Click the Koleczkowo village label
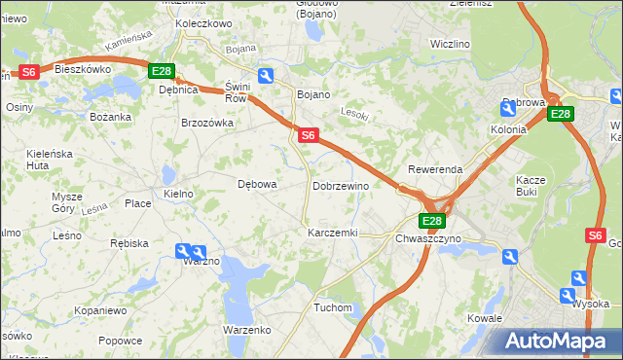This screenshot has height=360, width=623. (203, 22)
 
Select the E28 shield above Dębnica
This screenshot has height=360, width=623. (162, 71)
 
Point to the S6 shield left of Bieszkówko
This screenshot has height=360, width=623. (28, 72)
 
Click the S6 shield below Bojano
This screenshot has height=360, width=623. (308, 136)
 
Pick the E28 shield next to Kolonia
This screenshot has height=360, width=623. (560, 114)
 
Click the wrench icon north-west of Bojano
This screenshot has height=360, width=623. (266, 75)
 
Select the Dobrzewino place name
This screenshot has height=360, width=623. (341, 185)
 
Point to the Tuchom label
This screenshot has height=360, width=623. (333, 307)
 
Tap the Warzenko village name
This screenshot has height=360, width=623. (247, 330)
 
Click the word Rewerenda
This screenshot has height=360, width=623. (435, 169)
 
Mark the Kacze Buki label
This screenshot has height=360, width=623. (531, 186)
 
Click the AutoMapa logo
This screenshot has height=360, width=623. (561, 341)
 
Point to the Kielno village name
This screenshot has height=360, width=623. (179, 194)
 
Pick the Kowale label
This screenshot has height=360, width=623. (484, 318)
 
